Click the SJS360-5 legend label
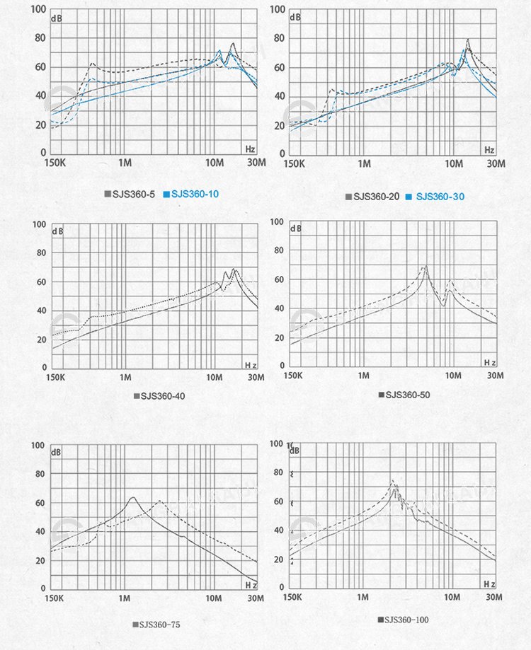coord(134,194)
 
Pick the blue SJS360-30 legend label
coord(440,197)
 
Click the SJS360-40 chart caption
coord(163,396)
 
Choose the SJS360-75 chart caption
coord(160,625)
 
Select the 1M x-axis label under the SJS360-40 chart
coord(125,378)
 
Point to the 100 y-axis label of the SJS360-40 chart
coord(38,225)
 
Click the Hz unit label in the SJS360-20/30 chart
coord(489,150)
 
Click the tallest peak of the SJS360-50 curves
coord(425,266)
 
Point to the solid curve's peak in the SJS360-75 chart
coord(132,497)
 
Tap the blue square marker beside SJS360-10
coord(166,194)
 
